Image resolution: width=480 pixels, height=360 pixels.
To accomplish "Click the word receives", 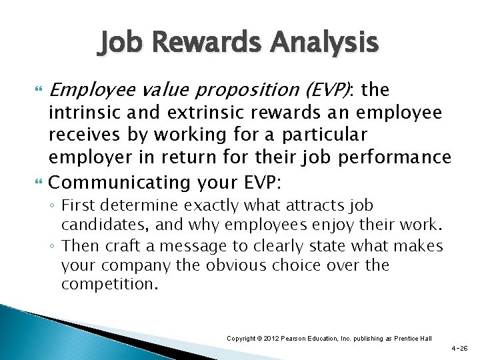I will click(79, 135).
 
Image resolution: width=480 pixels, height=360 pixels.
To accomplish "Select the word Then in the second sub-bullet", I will click(79, 246).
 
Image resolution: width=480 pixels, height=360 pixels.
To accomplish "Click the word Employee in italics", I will click(88, 89).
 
